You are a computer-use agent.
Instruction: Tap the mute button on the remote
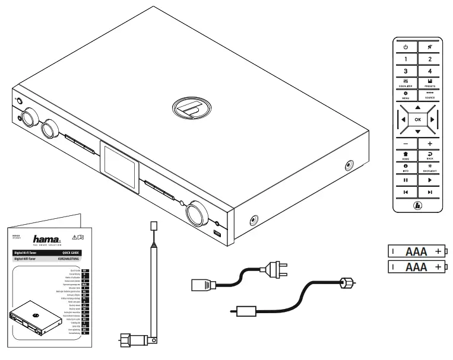click(x=430, y=46)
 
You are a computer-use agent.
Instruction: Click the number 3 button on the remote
click(x=406, y=71)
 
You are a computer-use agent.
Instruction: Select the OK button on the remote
click(x=417, y=119)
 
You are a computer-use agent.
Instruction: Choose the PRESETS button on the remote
click(x=430, y=83)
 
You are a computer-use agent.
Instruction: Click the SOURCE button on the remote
click(x=430, y=95)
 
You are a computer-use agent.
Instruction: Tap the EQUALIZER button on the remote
click(x=406, y=83)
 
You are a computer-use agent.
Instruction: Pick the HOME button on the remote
click(x=406, y=155)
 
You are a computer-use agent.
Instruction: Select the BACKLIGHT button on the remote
click(x=430, y=168)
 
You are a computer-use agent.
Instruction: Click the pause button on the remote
click(x=406, y=180)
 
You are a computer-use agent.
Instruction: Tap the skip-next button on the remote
click(x=430, y=192)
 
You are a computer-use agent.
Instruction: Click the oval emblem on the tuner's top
click(x=189, y=110)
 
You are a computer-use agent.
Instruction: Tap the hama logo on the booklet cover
click(x=46, y=238)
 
